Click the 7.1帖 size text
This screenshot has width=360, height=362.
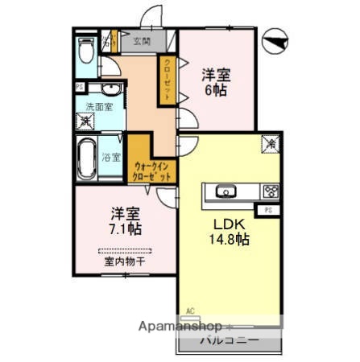tap(127, 229)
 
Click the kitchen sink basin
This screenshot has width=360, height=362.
tap(224, 191)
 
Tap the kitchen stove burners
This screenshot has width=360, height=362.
tap(270, 191)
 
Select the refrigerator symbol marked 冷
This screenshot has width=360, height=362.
tap(272, 144)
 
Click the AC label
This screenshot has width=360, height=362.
tap(191, 311)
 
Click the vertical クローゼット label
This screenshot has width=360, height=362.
tap(168, 79)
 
